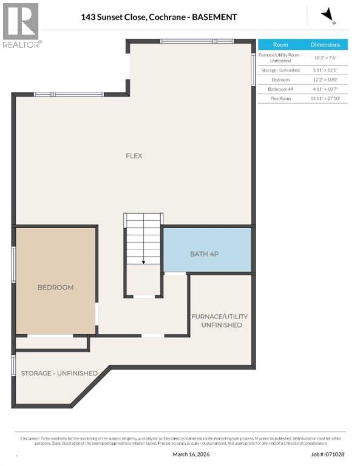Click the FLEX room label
[134, 156]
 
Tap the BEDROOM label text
[55, 287]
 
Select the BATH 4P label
[204, 254]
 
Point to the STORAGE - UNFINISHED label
[59, 373]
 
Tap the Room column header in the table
[280, 45]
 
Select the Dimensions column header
[326, 45]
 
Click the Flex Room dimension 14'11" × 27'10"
[326, 98]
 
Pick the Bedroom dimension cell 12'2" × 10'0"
[326, 79]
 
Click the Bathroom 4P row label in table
[280, 89]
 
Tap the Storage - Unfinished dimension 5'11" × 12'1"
[326, 70]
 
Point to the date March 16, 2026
[188, 454]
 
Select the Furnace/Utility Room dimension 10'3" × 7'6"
[326, 58]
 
